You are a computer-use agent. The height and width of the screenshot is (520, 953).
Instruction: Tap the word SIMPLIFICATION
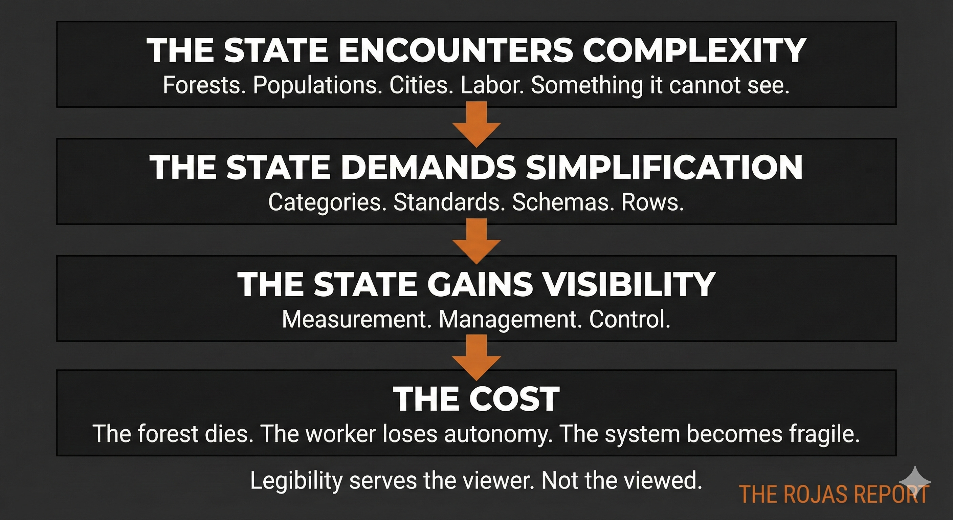[664, 167]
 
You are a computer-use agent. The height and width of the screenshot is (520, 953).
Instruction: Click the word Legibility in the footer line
[296, 481]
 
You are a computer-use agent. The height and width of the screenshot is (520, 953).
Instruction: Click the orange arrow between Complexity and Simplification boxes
[476, 124]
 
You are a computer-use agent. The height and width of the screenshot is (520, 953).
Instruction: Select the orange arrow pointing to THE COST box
[476, 357]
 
